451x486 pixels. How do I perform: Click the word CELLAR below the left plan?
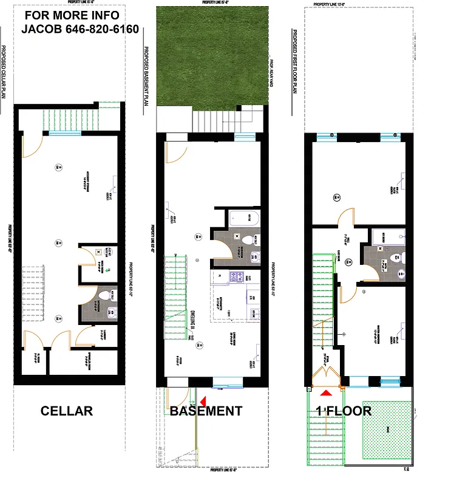[x=66, y=411]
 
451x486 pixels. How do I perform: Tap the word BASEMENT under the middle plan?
[x=206, y=411]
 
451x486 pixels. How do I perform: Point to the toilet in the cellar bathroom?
[x=103, y=296]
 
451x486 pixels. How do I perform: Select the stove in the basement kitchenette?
[x=235, y=277]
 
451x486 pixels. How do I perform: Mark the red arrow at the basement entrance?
[x=203, y=400]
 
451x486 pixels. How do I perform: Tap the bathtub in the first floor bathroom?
[x=387, y=236]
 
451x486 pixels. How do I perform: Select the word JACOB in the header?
[x=42, y=29]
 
